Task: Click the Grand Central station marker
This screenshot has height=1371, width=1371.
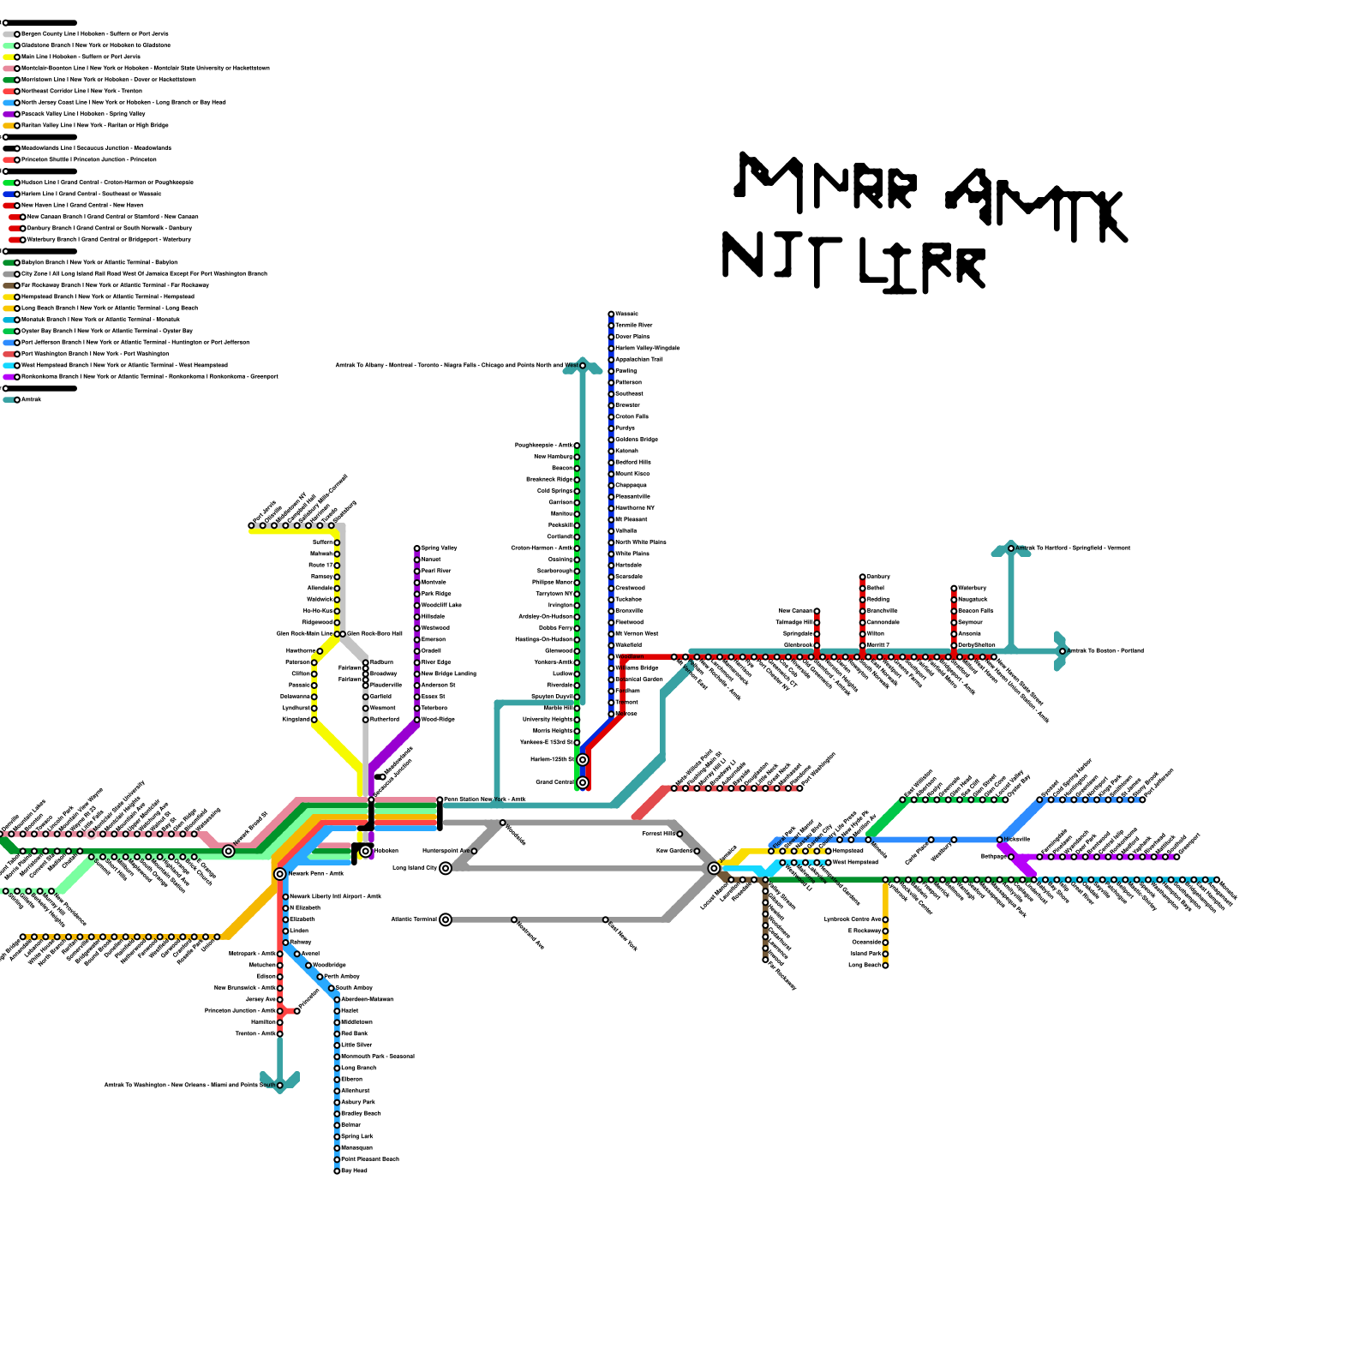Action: [x=583, y=782]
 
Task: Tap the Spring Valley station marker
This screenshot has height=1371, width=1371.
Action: [x=417, y=548]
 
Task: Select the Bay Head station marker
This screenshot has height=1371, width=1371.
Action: [x=337, y=1170]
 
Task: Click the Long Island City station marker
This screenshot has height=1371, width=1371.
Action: [x=446, y=868]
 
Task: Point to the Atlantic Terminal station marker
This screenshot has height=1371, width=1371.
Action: [x=446, y=919]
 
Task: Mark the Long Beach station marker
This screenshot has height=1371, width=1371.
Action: [x=885, y=965]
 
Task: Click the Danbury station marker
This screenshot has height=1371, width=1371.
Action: [x=863, y=577]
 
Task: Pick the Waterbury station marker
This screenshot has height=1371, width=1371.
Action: [x=954, y=588]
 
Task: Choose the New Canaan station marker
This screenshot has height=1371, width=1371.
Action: [x=817, y=611]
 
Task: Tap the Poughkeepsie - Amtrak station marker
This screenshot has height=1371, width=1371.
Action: [x=577, y=446]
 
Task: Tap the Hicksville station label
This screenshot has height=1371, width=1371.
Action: [x=1017, y=839]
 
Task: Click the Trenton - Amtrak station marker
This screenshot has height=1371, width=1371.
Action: [x=280, y=1033]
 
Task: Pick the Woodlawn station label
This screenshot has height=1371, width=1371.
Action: [x=630, y=656]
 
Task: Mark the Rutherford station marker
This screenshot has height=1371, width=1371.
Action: [x=366, y=720]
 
